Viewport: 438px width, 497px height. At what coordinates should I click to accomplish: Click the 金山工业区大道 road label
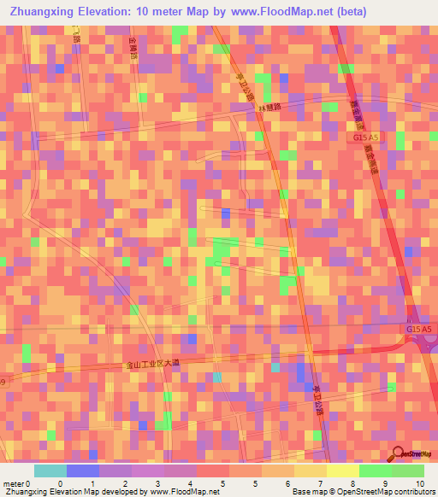click(153, 364)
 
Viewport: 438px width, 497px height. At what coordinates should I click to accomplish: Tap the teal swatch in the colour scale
click(50, 471)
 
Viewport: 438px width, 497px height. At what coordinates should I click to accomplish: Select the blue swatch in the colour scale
click(83, 471)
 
